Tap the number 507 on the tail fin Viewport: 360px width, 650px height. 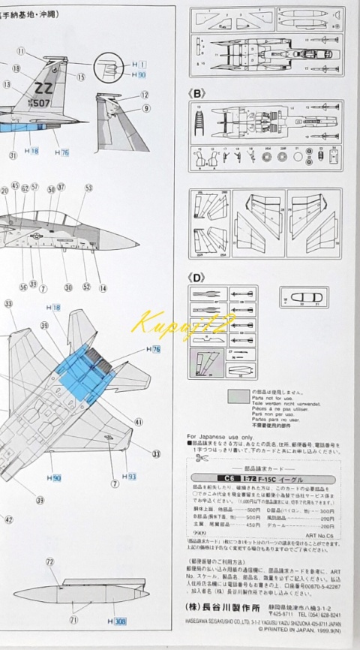pyautogui.click(x=43, y=103)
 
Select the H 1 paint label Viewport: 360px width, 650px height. pyautogui.click(x=139, y=65)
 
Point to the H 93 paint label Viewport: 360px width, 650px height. pyautogui.click(x=130, y=477)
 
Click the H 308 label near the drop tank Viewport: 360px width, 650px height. pyautogui.click(x=118, y=621)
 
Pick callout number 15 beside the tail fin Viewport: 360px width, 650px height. pyautogui.click(x=81, y=77)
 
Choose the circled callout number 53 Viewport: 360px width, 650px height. pyautogui.click(x=88, y=188)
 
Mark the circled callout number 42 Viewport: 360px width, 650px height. pyautogui.click(x=9, y=518)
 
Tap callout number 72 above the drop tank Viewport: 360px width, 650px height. pyautogui.click(x=49, y=561)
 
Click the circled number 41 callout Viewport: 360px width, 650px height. pyautogui.click(x=139, y=423)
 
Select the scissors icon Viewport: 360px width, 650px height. pyautogui.click(x=200, y=458)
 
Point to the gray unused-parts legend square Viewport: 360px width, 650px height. pyautogui.click(x=238, y=396)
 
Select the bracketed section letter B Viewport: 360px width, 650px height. pyautogui.click(x=198, y=95)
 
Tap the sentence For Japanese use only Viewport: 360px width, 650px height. pyautogui.click(x=221, y=436)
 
